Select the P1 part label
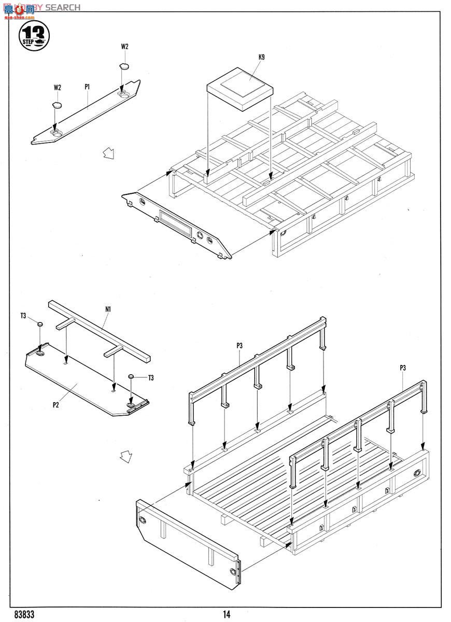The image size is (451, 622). pos(88,87)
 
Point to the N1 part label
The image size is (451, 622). pos(108,309)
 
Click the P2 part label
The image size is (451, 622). pos(55,405)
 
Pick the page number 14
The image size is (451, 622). pos(227,614)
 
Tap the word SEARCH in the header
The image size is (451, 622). pos(63,7)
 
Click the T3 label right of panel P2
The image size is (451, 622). pos(151,378)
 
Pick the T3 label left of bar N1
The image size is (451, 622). pos(23,316)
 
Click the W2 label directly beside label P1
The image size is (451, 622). pos(57,88)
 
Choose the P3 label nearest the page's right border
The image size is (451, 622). pos(403,367)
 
